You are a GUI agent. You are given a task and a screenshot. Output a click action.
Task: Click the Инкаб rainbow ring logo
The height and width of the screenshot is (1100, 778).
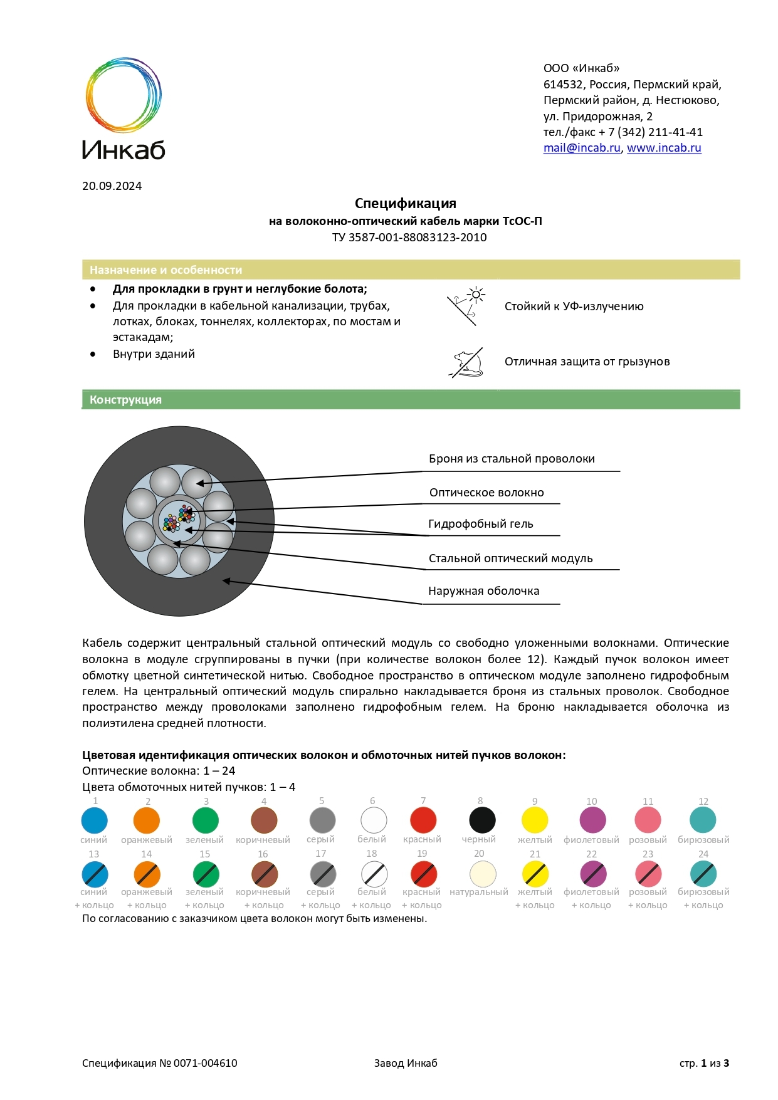pos(124,95)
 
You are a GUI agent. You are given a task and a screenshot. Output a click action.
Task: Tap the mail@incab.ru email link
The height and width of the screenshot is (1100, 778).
pos(581,148)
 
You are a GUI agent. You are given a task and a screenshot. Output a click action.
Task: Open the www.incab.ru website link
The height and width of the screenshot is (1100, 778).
pos(664,148)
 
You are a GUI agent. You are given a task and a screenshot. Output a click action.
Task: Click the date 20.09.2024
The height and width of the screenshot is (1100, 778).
pos(112,186)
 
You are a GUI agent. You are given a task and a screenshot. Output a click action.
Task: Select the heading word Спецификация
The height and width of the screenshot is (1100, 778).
pos(405,203)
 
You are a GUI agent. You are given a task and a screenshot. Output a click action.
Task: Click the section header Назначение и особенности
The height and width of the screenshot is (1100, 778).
pos(166,270)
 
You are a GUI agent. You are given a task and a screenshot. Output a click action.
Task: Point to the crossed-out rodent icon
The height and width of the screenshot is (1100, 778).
pos(467,363)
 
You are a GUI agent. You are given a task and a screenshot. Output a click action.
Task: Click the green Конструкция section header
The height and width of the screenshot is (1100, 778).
pos(125,400)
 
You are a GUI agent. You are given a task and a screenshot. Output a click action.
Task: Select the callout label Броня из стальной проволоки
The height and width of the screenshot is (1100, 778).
pos(512,459)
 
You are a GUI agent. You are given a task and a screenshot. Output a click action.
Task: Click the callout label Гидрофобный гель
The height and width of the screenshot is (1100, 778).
pos(480,524)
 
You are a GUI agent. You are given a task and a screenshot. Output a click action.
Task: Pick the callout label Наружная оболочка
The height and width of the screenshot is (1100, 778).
pos(483,591)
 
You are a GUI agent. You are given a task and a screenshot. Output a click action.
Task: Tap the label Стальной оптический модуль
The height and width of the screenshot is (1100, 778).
pos(510,558)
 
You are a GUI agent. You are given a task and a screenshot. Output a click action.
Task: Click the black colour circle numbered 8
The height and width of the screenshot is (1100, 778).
pos(482,820)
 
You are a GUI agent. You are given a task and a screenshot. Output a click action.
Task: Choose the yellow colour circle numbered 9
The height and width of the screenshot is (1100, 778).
pos(535,820)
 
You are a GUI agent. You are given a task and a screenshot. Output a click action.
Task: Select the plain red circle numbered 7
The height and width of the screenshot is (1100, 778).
pos(423,820)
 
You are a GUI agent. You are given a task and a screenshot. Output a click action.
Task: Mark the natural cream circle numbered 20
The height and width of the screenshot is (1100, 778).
pos(482,874)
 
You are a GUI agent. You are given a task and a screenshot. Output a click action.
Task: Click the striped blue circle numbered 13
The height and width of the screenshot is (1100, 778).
pos(95,874)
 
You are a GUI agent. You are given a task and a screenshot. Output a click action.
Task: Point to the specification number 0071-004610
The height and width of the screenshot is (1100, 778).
pos(205,1063)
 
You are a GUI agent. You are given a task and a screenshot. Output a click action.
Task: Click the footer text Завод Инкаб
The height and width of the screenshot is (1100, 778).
pos(406,1063)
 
